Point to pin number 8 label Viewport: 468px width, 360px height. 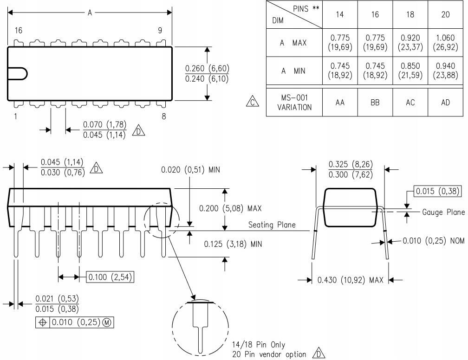tap(163, 116)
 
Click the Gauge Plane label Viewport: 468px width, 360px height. tap(443, 212)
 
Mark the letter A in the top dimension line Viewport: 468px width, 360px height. tap(90, 13)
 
